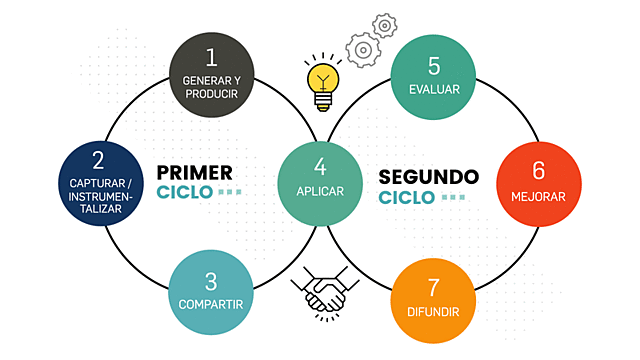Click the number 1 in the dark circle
click(x=211, y=56)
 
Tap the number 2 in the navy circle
click(x=97, y=160)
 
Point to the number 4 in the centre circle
click(x=320, y=166)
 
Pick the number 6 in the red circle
click(x=538, y=171)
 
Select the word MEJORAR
click(x=538, y=196)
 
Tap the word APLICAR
click(x=320, y=191)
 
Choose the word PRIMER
click(x=195, y=170)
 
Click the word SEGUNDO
click(x=429, y=177)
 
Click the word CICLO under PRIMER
click(x=185, y=191)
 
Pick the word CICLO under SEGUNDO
click(x=407, y=197)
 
